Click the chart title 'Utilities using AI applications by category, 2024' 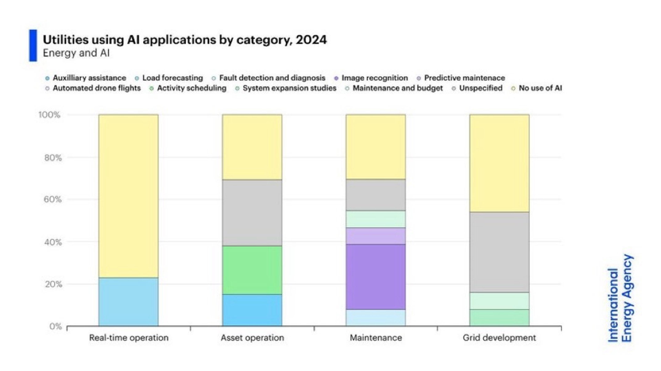(x=185, y=40)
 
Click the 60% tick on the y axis (x=53, y=199)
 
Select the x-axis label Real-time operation (x=129, y=338)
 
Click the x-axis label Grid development (x=499, y=338)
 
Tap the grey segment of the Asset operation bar (x=252, y=213)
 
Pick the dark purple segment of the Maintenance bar (x=376, y=277)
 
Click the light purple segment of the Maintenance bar (x=376, y=236)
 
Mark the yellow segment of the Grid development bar (x=499, y=163)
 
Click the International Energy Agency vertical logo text (x=620, y=298)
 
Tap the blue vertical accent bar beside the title (x=33, y=46)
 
